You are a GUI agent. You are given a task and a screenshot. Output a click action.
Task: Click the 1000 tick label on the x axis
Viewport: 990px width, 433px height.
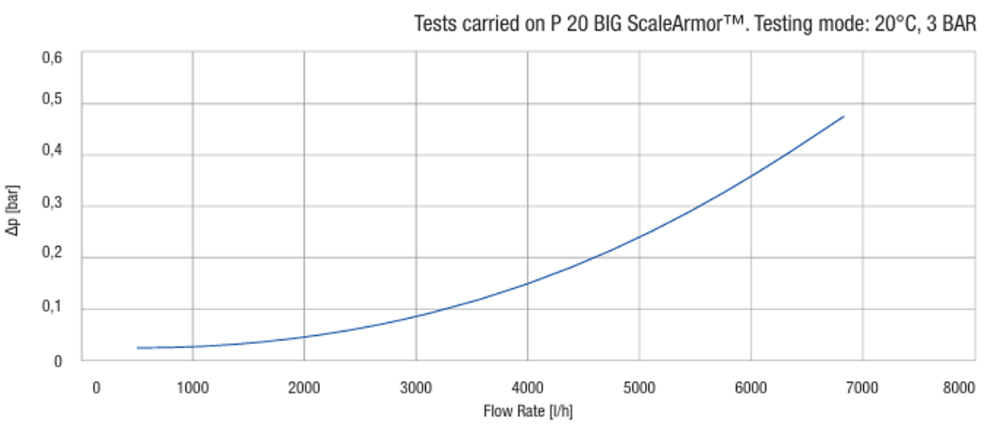pyautogui.click(x=192, y=388)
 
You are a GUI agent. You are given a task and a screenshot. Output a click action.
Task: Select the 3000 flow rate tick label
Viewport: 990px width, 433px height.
pyautogui.click(x=415, y=388)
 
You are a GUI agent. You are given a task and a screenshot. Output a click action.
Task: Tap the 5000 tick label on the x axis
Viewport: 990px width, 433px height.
pyautogui.click(x=639, y=388)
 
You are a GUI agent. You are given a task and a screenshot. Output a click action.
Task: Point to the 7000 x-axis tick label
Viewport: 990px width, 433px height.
pyautogui.click(x=862, y=388)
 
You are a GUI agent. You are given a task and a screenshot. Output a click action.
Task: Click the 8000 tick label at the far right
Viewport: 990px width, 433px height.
pyautogui.click(x=959, y=388)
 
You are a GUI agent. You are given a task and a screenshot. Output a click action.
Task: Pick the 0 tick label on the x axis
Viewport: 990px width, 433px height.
pyautogui.click(x=96, y=388)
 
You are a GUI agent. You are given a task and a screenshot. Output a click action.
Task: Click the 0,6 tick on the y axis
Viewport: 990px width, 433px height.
pyautogui.click(x=52, y=58)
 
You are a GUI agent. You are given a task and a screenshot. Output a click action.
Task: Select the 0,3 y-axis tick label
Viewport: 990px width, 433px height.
pyautogui.click(x=52, y=206)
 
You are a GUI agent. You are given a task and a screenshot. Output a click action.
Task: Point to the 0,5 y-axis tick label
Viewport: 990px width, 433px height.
pyautogui.click(x=52, y=104)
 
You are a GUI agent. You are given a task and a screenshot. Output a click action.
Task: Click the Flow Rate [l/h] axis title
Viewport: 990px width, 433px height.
pyautogui.click(x=528, y=411)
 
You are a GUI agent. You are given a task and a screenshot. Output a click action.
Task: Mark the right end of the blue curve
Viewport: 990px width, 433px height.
pyautogui.click(x=844, y=117)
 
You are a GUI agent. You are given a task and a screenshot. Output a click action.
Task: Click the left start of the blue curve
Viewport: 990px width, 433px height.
pyautogui.click(x=138, y=348)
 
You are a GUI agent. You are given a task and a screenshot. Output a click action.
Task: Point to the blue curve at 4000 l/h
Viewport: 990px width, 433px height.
pyautogui.click(x=528, y=283)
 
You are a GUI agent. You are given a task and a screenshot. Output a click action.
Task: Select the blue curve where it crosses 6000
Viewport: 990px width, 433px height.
pyautogui.click(x=751, y=176)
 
